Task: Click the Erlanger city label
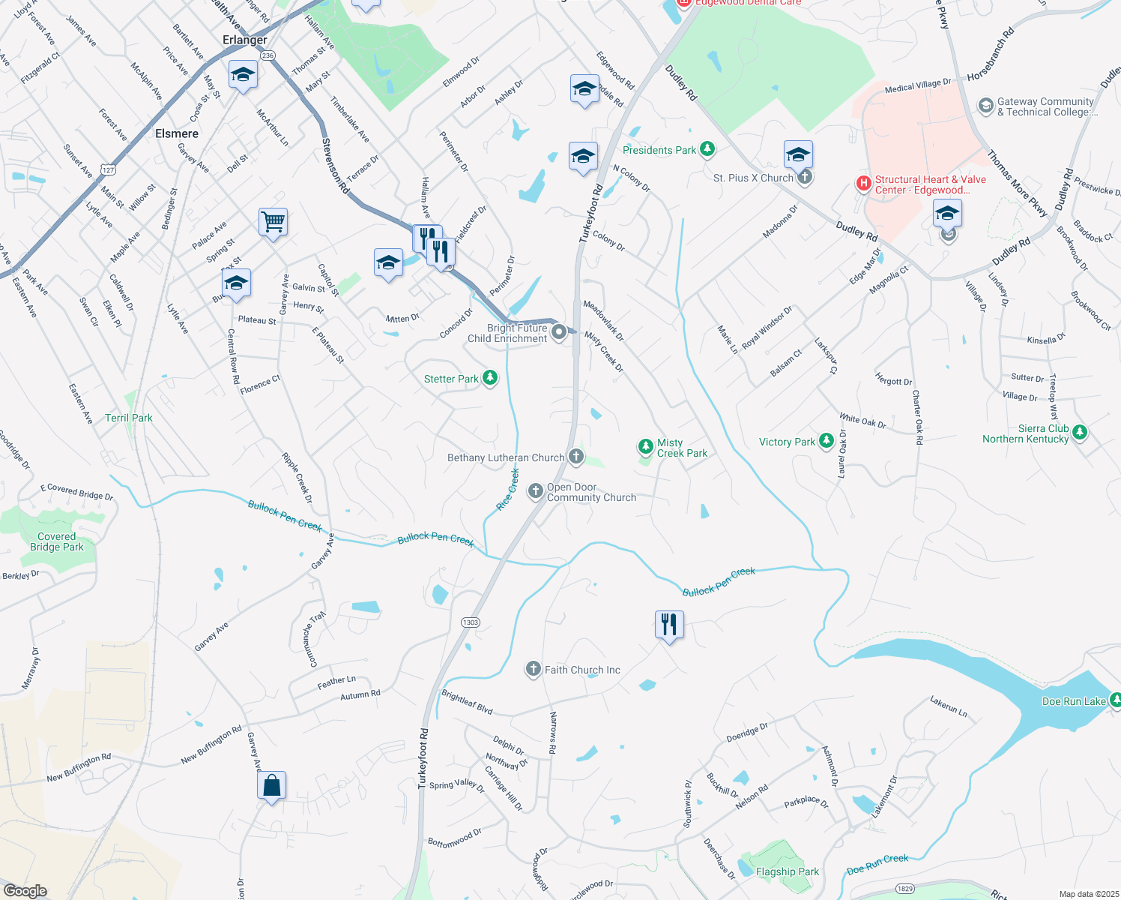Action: pos(244,40)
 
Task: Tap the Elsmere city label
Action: pos(177,133)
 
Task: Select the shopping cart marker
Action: pos(273,222)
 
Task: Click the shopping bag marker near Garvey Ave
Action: pos(271,786)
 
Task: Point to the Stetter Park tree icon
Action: pos(490,377)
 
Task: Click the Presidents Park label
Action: pos(659,150)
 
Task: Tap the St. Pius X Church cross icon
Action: pos(805,177)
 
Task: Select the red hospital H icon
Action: pos(864,183)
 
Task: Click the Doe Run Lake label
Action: pos(1073,701)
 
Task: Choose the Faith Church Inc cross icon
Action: pos(533,669)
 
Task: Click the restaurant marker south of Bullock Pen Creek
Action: pos(669,625)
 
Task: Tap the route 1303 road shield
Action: pos(471,622)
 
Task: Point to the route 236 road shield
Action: pos(268,55)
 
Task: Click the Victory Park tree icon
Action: pos(827,441)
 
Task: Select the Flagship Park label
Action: pos(787,871)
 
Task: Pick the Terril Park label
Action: pos(128,418)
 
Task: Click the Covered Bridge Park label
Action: pos(57,541)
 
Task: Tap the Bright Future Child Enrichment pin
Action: pos(558,332)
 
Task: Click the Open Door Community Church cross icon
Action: pos(535,491)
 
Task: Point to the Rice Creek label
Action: pos(508,490)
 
